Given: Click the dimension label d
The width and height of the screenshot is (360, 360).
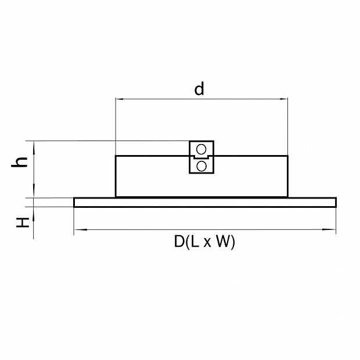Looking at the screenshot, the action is point(199,89).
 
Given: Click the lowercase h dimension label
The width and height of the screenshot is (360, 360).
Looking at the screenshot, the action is point(20,162).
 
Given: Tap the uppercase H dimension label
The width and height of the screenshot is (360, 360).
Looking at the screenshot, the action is point(23,222).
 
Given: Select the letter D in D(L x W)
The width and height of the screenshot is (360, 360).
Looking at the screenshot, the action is point(179,242).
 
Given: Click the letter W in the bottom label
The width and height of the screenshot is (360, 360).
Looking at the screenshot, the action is point(223,242).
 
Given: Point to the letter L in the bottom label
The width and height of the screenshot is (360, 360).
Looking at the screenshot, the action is point(195,242).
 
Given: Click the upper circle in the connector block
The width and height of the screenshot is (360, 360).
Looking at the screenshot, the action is point(201,149).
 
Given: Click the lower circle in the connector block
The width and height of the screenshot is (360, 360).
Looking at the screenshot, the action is point(201,166).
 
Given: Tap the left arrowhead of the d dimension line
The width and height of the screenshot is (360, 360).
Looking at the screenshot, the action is point(120,99).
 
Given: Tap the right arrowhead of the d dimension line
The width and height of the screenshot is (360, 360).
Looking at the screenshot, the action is point(283,99).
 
